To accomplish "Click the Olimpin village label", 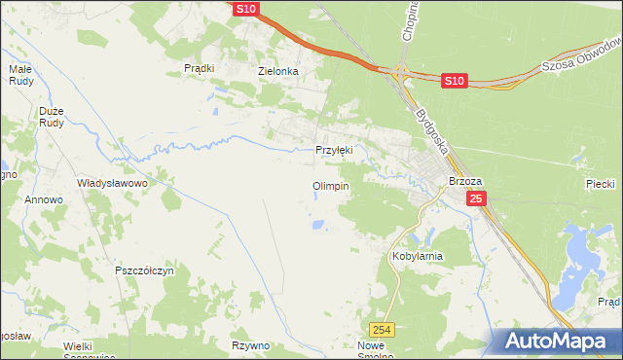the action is click(330, 186).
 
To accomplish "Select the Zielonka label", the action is click(276, 71).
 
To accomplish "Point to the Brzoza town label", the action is click(466, 181).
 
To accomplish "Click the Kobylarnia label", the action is click(417, 256).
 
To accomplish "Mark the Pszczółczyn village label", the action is click(144, 270).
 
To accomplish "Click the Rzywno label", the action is click(250, 345).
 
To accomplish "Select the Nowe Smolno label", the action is click(381, 351).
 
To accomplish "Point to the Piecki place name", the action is click(599, 183).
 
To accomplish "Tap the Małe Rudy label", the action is click(21, 76).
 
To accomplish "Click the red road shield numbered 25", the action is click(475, 198).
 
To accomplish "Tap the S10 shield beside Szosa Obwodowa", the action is click(454, 82).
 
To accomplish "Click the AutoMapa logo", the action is click(554, 341).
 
